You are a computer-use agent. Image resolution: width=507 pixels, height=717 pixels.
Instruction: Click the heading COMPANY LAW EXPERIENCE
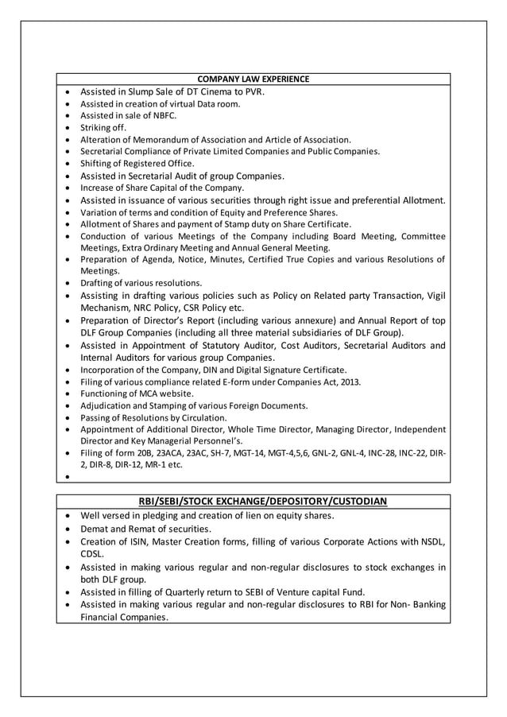pyautogui.click(x=253, y=79)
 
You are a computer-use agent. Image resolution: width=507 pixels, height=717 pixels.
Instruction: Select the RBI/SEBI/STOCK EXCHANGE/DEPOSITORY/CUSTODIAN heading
pyautogui.click(x=253, y=501)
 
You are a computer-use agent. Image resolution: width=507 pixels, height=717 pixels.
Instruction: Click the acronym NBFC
pyautogui.click(x=154, y=115)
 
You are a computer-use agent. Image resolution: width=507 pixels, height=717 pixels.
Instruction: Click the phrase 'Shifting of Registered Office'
pyautogui.click(x=137, y=164)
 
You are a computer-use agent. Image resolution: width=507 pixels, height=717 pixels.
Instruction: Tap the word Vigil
pyautogui.click(x=434, y=296)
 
